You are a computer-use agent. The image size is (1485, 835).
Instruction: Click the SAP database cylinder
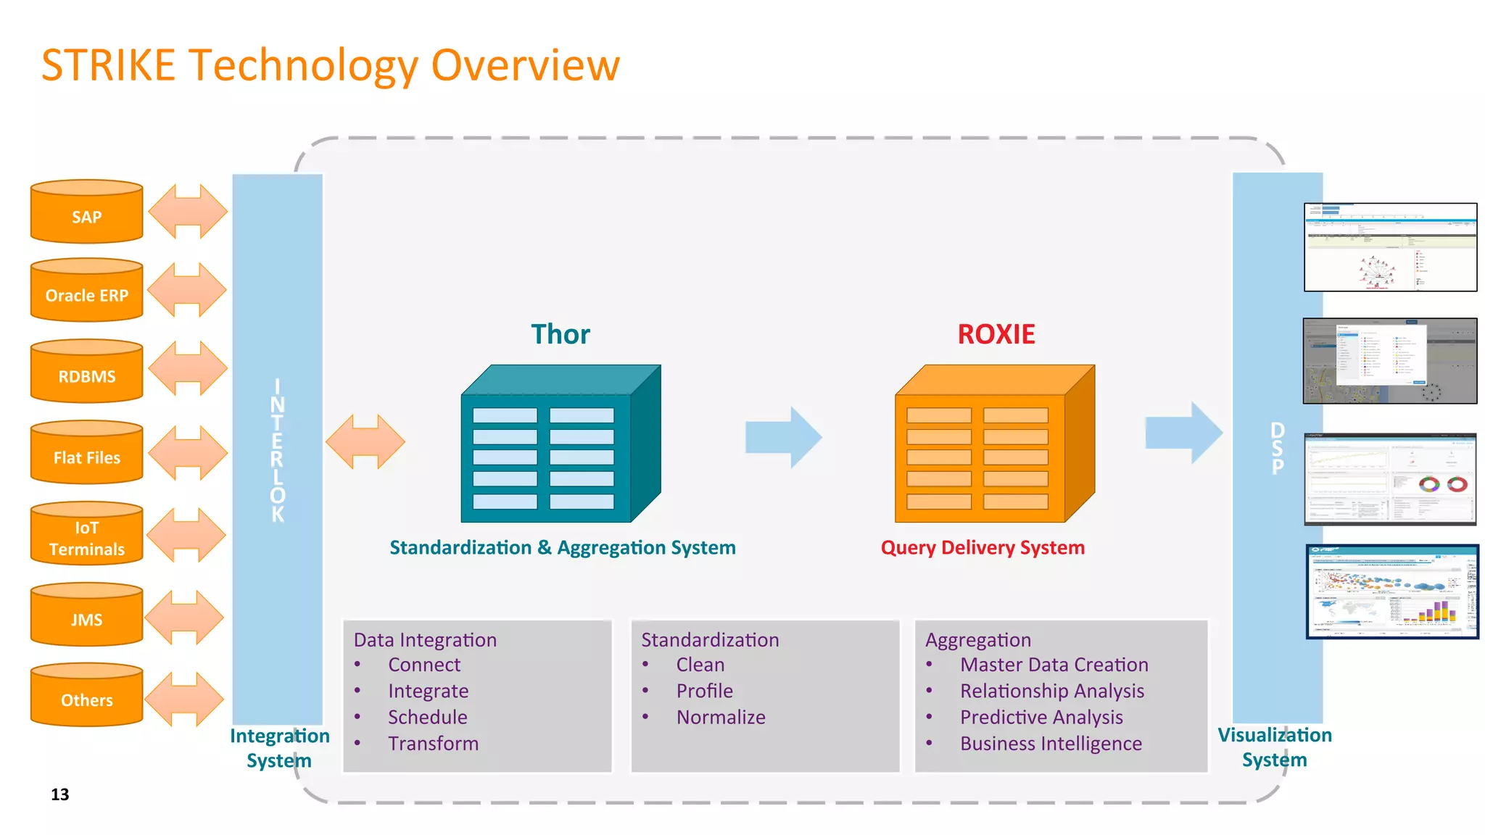(86, 212)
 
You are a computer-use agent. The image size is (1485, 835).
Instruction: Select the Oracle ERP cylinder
(86, 291)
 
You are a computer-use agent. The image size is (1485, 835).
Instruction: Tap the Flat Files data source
(86, 453)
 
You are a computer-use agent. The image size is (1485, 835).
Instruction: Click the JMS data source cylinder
(86, 615)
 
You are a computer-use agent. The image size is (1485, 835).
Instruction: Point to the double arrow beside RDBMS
(187, 368)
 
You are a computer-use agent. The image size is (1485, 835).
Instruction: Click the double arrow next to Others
(184, 699)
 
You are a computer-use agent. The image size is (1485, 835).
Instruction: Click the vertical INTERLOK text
(278, 450)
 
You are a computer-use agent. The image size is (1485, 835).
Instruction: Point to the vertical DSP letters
(1278, 449)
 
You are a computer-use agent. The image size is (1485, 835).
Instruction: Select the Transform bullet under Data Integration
(433, 744)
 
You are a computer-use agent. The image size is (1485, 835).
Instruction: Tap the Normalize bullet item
(720, 718)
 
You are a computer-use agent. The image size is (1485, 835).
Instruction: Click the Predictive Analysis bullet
(1041, 718)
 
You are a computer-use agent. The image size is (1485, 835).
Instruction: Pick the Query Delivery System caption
(983, 548)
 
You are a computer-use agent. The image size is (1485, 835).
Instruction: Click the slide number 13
(60, 794)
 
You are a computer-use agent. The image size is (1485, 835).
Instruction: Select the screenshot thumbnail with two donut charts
(1390, 479)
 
